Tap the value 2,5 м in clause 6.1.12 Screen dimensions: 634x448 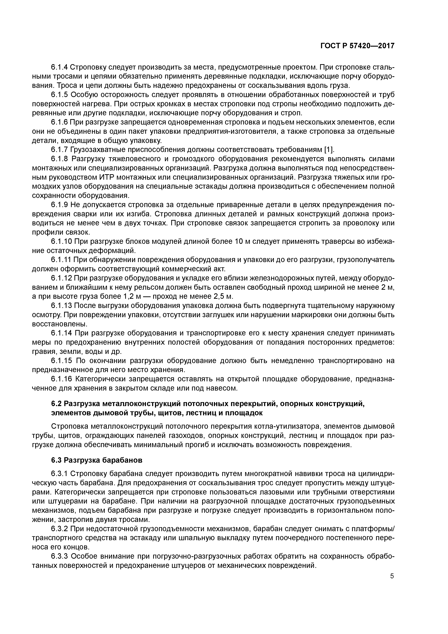pyautogui.click(x=223, y=296)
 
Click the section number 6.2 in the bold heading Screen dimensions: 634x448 pyautogui.click(x=56, y=404)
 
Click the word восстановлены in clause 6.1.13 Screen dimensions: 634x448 pyautogui.click(x=55, y=324)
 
